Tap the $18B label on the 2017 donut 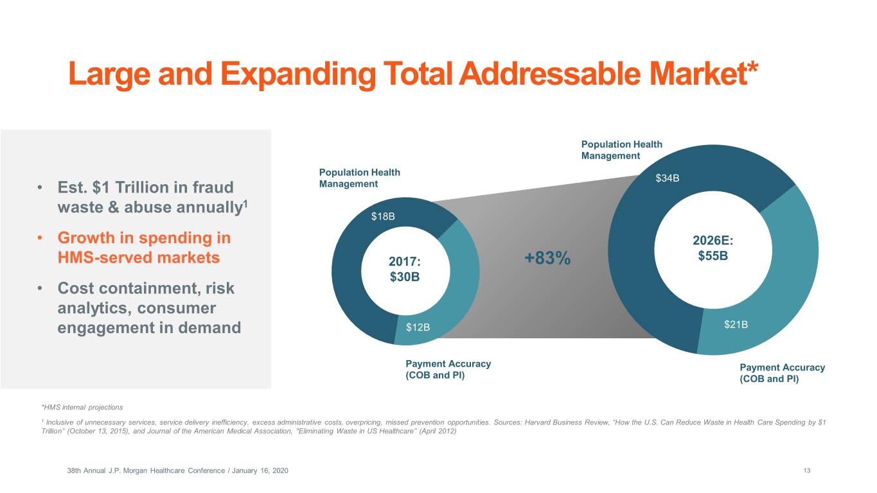click(383, 216)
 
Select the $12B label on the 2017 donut click(418, 328)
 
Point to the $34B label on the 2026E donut click(667, 178)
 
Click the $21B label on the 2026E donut click(736, 324)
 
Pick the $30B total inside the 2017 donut click(405, 278)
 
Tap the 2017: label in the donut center click(405, 263)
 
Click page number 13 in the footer click(807, 471)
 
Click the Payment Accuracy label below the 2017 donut click(448, 364)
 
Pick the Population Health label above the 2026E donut click(621, 144)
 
